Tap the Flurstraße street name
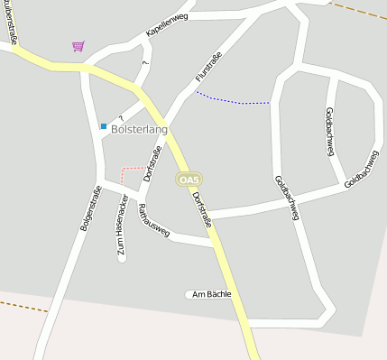(208, 68)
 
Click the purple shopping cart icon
(78, 45)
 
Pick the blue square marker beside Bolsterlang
(104, 126)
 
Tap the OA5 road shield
(188, 180)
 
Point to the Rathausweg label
(153, 221)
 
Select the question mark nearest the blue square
(119, 118)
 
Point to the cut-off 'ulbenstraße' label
(10, 21)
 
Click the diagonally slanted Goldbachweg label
(361, 168)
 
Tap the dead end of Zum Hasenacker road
(122, 258)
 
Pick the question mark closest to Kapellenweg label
(145, 63)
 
